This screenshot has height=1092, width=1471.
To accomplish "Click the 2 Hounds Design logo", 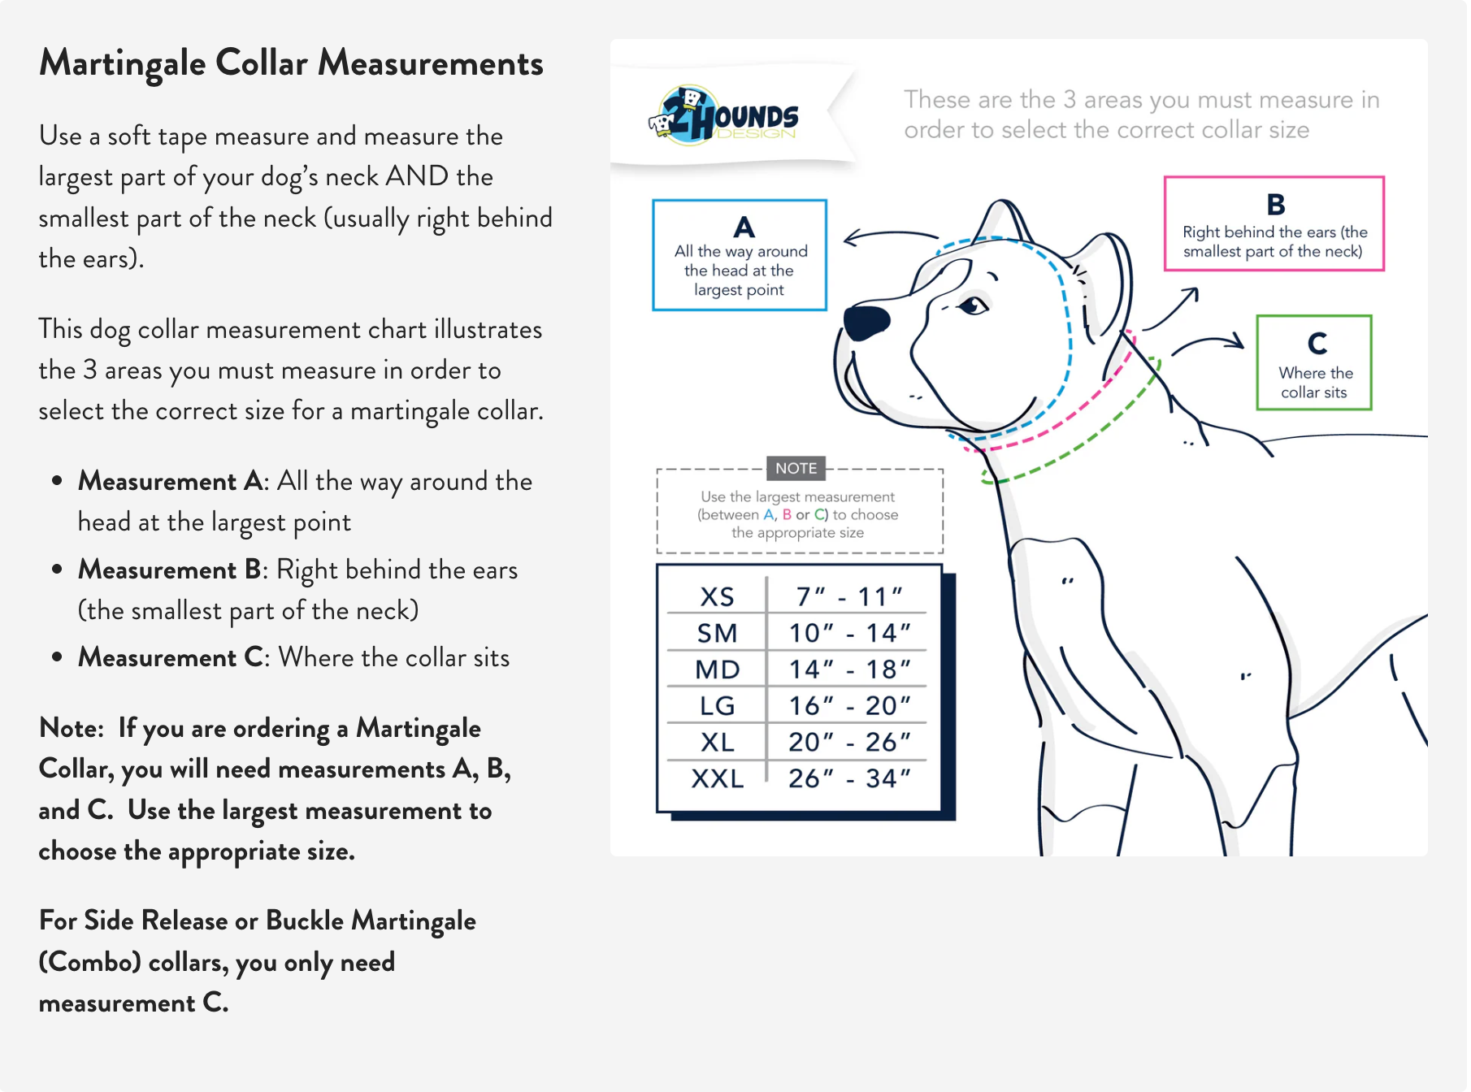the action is [723, 115].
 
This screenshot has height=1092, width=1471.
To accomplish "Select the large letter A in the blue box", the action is [744, 227].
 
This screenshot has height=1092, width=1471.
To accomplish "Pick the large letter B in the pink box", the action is [1275, 204].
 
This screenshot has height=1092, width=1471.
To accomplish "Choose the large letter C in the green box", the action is [1317, 344].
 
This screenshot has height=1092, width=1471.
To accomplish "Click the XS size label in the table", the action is [717, 597].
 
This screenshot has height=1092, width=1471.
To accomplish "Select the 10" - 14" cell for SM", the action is [849, 633].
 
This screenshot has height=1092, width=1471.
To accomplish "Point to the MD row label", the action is [717, 669].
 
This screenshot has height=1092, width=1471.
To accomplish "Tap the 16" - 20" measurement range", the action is [849, 705].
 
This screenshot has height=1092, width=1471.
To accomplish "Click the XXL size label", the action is [717, 778].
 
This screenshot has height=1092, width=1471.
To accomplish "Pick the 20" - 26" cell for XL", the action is [849, 742].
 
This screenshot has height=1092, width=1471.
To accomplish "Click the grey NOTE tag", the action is [796, 468].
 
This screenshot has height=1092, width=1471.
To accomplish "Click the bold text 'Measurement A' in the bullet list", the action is [170, 481].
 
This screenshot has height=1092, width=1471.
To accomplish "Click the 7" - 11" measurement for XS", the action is [849, 597].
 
